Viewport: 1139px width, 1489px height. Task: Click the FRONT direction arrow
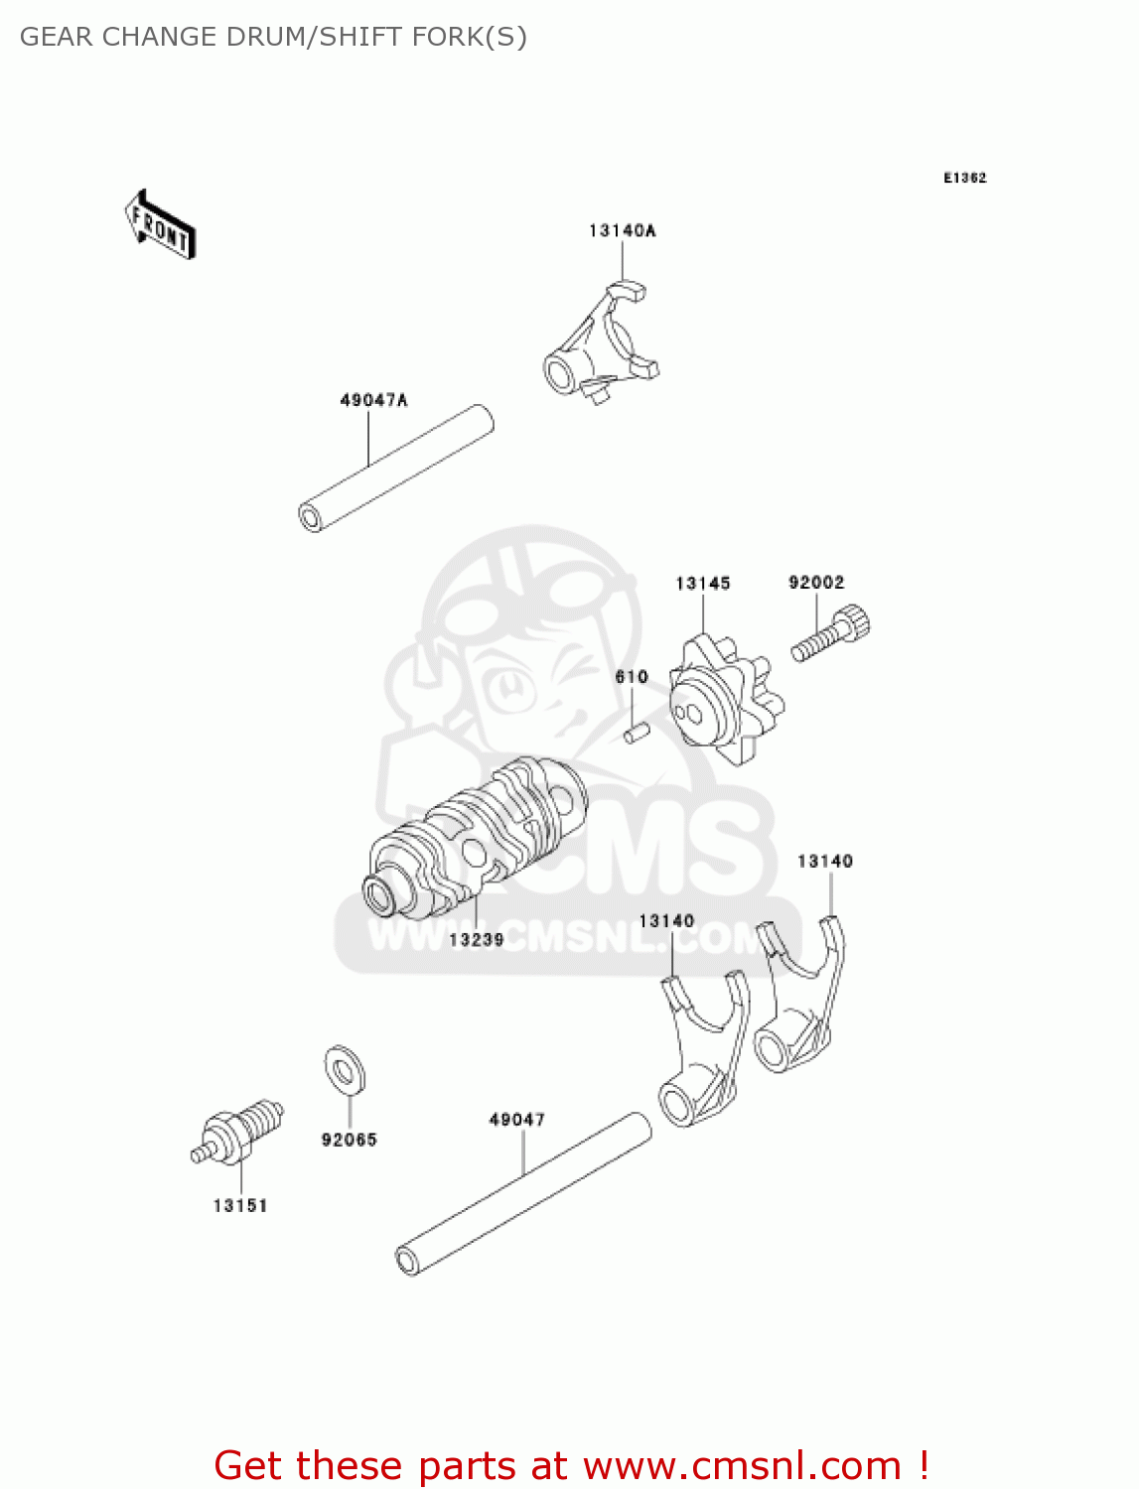tap(160, 224)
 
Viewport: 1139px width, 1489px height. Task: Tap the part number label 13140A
tap(623, 231)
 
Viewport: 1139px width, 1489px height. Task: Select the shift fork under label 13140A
tap(603, 343)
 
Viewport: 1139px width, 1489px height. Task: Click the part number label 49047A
tap(373, 401)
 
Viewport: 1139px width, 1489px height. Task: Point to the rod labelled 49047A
tap(396, 469)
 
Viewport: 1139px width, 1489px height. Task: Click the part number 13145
tap(703, 584)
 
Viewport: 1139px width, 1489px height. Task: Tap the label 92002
tap(816, 583)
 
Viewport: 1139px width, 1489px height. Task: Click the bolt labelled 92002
tap(832, 635)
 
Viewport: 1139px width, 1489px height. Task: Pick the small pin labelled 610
tap(637, 734)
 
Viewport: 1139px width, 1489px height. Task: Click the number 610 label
tap(632, 677)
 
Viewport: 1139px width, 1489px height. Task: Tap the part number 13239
tap(477, 939)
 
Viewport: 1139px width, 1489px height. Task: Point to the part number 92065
tap(350, 1141)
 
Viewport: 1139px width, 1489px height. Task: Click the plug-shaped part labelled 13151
tap(239, 1134)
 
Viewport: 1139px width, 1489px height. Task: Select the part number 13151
tap(240, 1206)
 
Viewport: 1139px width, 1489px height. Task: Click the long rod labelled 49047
tap(523, 1194)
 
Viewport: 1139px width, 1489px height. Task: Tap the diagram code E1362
tap(964, 178)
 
